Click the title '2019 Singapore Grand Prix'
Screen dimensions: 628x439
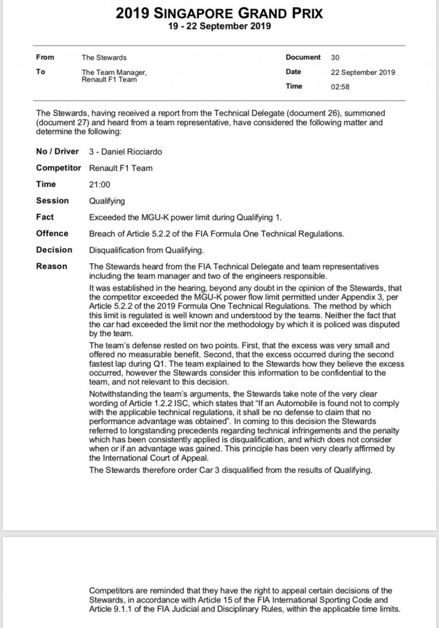(x=219, y=13)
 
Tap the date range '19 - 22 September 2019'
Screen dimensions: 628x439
(x=219, y=26)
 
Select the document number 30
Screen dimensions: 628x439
(x=335, y=57)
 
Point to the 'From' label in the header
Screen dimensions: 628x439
(x=45, y=57)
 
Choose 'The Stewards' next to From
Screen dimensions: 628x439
(x=104, y=57)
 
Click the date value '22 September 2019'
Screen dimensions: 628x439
(x=363, y=72)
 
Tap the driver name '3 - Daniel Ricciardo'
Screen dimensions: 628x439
(x=125, y=152)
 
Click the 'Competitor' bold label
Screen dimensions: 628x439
(x=59, y=168)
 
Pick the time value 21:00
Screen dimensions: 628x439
(x=100, y=184)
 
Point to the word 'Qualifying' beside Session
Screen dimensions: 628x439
(x=107, y=201)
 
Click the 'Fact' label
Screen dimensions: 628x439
(x=45, y=217)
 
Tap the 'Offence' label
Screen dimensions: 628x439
(x=52, y=233)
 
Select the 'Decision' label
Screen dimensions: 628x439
(x=54, y=249)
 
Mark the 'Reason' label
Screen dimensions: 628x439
(x=51, y=266)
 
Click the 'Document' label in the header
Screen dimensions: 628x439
(x=303, y=57)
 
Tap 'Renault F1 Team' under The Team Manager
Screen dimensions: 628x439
(x=109, y=80)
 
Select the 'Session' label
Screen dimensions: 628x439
(x=52, y=201)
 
